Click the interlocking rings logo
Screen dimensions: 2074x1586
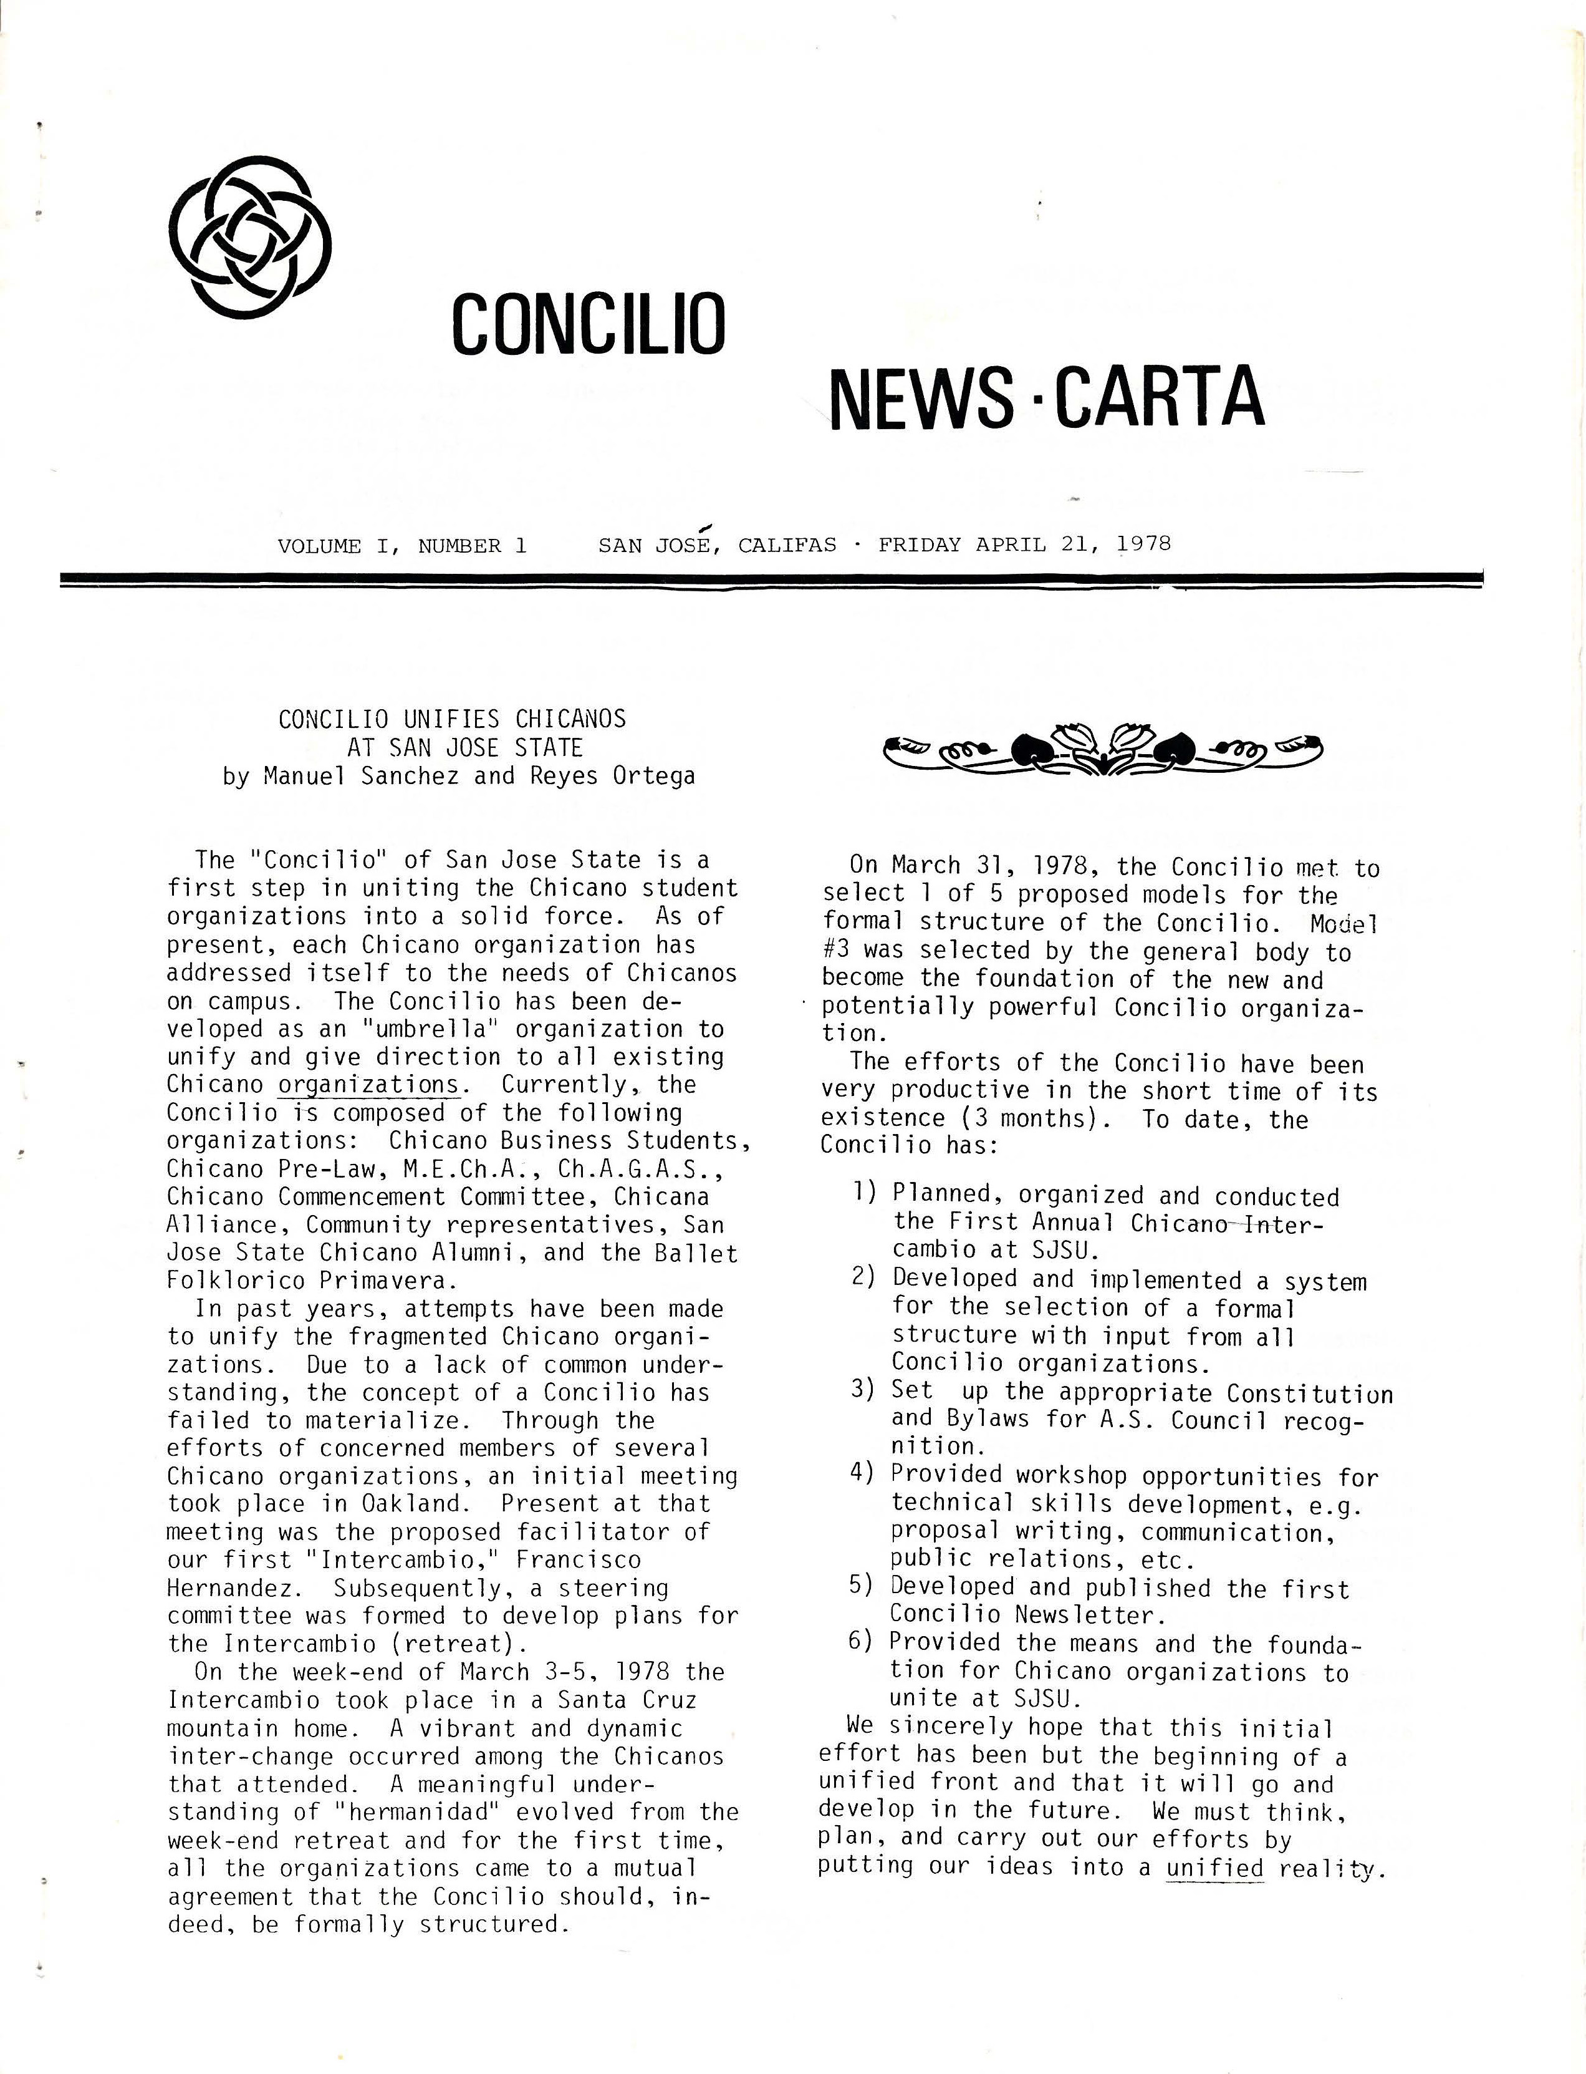tap(249, 236)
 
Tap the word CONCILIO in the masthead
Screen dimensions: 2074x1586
tap(588, 324)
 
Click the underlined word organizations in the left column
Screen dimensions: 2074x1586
tap(368, 1085)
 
